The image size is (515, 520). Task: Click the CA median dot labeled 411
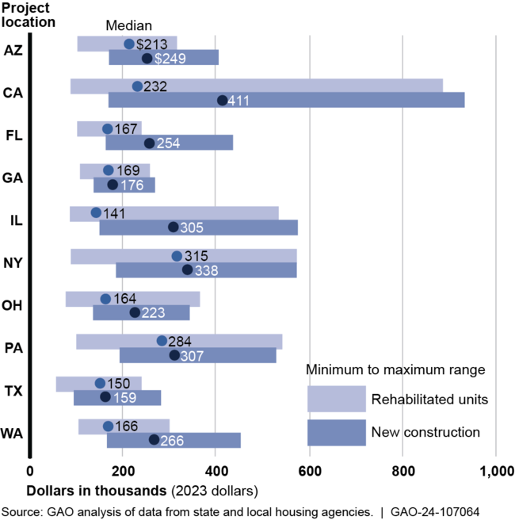223,100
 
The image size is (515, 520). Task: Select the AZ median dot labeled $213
129,44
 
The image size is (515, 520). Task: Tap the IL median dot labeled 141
96,212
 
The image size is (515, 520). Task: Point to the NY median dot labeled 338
188,270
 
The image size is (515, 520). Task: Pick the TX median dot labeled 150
100,383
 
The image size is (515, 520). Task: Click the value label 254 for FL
169,143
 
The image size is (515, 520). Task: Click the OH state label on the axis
13,305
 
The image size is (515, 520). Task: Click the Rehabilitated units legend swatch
336,398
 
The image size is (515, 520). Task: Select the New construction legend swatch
336,432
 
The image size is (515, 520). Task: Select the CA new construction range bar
286,100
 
